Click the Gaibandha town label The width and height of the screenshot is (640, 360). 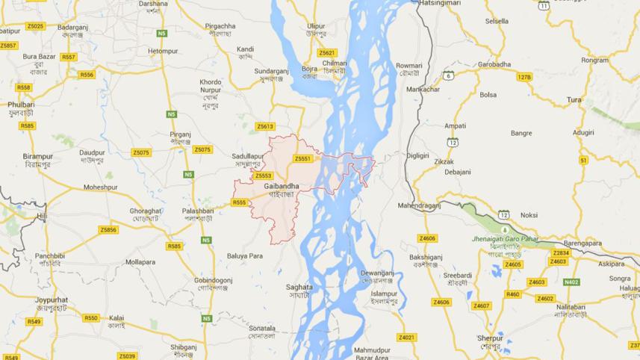tap(282, 186)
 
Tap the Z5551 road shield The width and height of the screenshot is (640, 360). tap(302, 158)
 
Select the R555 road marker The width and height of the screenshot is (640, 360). tap(239, 202)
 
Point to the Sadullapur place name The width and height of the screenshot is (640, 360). tap(246, 155)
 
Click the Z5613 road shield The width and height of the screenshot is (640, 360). tap(265, 126)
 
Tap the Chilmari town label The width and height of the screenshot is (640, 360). tap(335, 64)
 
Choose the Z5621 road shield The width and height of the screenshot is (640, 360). tap(327, 53)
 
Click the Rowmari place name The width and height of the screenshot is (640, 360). tap(408, 66)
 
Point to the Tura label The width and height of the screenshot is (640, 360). tap(574, 99)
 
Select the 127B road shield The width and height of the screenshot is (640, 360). tap(524, 77)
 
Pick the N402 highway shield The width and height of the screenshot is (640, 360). tap(571, 282)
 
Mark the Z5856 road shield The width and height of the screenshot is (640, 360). tap(108, 229)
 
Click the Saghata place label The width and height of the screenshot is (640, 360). tap(299, 287)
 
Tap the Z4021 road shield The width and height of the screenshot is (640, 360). tap(406, 338)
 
